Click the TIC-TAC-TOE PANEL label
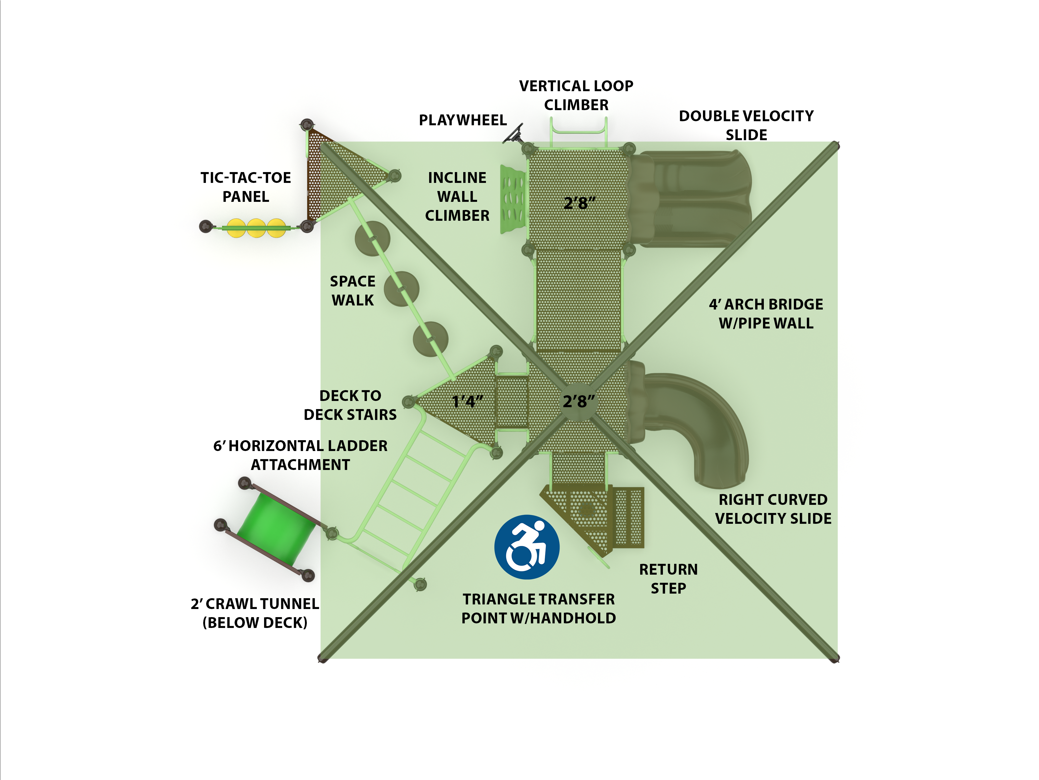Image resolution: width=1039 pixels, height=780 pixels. tap(246, 187)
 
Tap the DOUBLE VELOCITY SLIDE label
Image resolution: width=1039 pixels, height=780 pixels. tap(746, 125)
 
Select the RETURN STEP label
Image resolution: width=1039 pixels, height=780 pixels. tap(668, 578)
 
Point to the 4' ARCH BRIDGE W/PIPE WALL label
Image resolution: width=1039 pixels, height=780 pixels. tap(766, 314)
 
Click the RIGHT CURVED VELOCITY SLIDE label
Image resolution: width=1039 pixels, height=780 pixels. tap(773, 509)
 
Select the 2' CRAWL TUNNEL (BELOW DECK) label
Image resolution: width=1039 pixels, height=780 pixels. tap(255, 613)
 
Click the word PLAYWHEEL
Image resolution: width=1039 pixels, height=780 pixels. tap(463, 120)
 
